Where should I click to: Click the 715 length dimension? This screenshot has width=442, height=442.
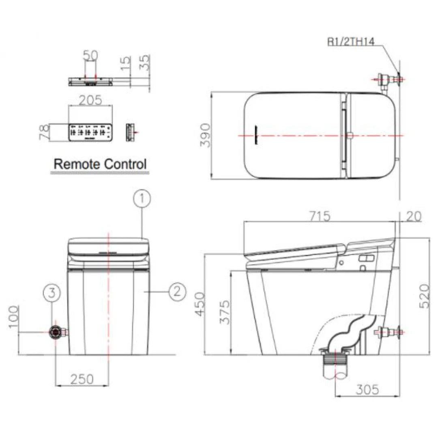(x=319, y=216)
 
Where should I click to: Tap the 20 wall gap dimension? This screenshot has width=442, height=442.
(x=413, y=216)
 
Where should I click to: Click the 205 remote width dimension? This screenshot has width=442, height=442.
(x=90, y=100)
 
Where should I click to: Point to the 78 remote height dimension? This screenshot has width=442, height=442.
(x=44, y=133)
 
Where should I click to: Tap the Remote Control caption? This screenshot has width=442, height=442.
(x=100, y=164)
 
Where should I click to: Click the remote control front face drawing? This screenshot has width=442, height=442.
(x=90, y=132)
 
